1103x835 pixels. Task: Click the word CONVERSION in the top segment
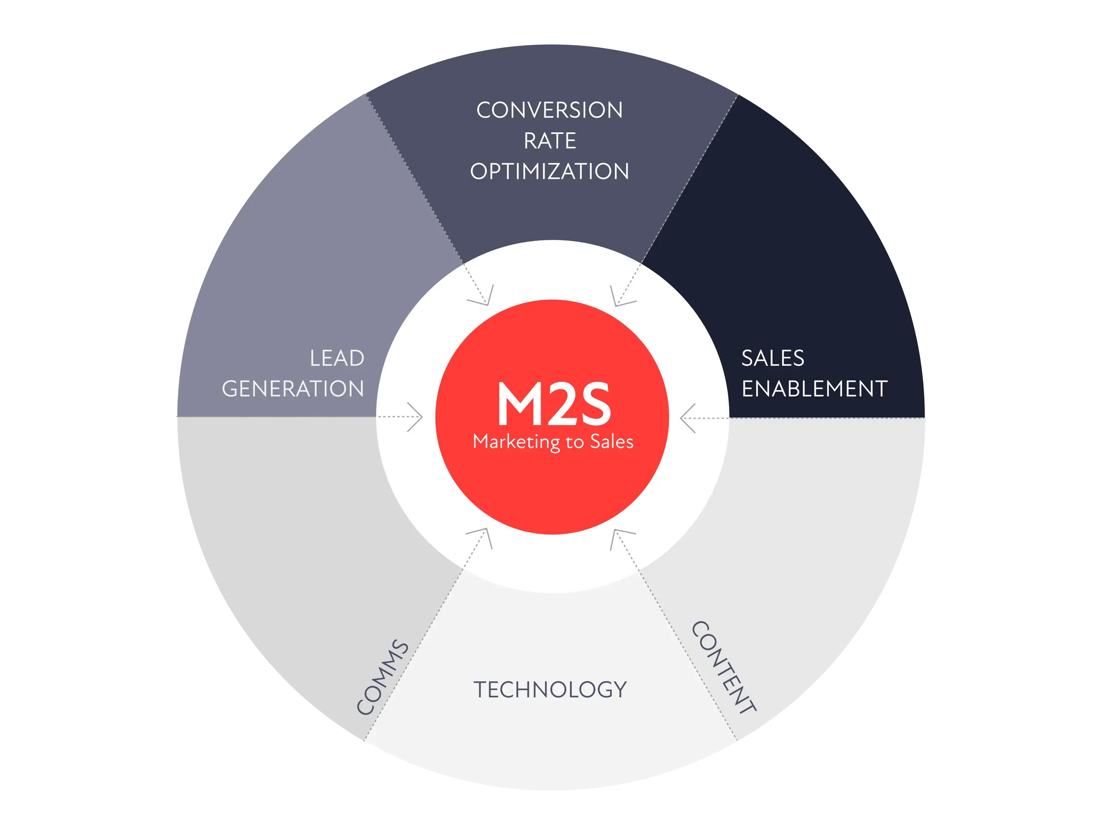click(550, 110)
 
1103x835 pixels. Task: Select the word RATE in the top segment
click(550, 141)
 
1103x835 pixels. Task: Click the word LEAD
click(337, 358)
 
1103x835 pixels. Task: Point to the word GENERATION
click(293, 389)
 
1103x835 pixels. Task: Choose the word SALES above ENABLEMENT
click(773, 358)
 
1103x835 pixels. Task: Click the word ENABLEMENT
click(814, 389)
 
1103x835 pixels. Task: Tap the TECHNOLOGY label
click(550, 690)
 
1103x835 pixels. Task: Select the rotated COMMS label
click(382, 677)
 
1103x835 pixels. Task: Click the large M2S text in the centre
click(553, 404)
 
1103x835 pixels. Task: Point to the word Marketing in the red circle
click(516, 442)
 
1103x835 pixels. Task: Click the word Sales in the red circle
click(612, 442)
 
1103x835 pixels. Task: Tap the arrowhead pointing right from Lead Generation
click(416, 417)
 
